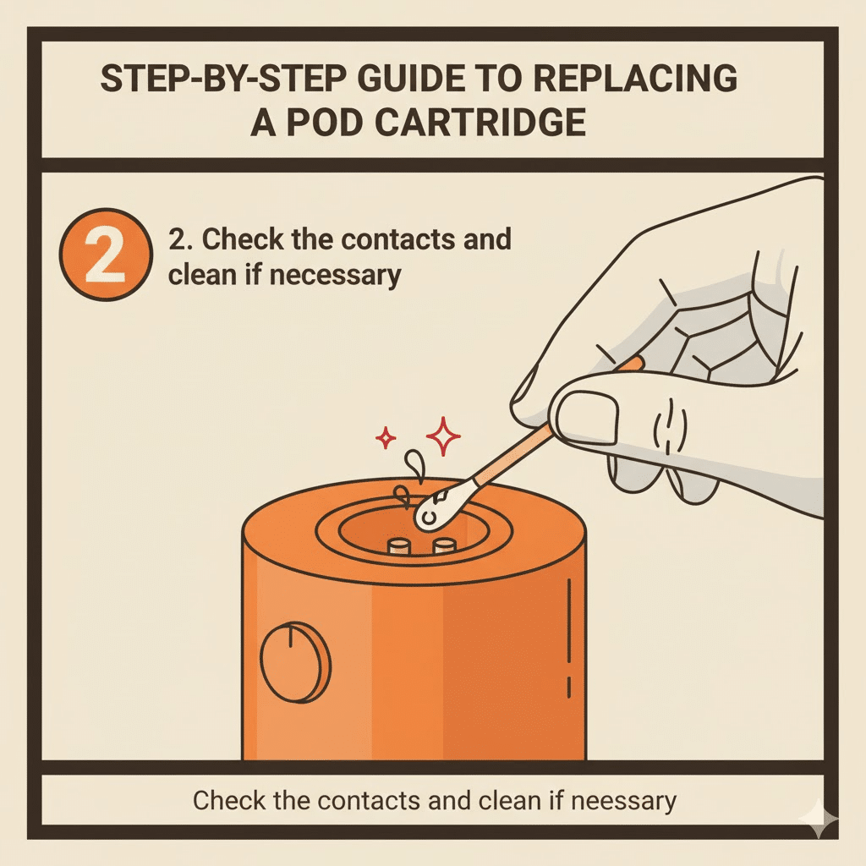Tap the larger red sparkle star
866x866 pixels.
pyautogui.click(x=443, y=436)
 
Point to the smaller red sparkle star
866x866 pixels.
pyautogui.click(x=386, y=438)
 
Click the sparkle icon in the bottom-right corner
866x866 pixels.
pyautogui.click(x=819, y=819)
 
